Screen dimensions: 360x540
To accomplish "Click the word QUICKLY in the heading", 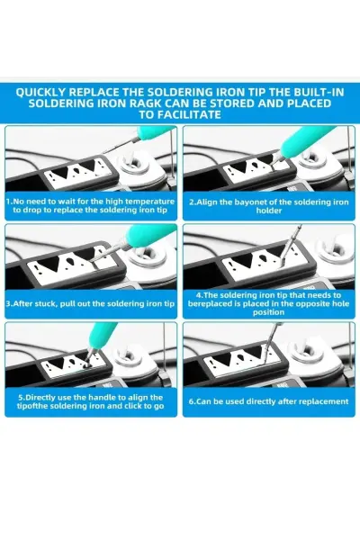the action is (40, 93).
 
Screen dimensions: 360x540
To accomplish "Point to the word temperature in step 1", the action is (149, 202).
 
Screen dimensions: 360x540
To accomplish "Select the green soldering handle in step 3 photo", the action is (150, 236).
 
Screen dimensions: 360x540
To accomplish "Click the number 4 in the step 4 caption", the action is (198, 295).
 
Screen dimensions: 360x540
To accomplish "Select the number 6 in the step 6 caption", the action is (191, 401).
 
